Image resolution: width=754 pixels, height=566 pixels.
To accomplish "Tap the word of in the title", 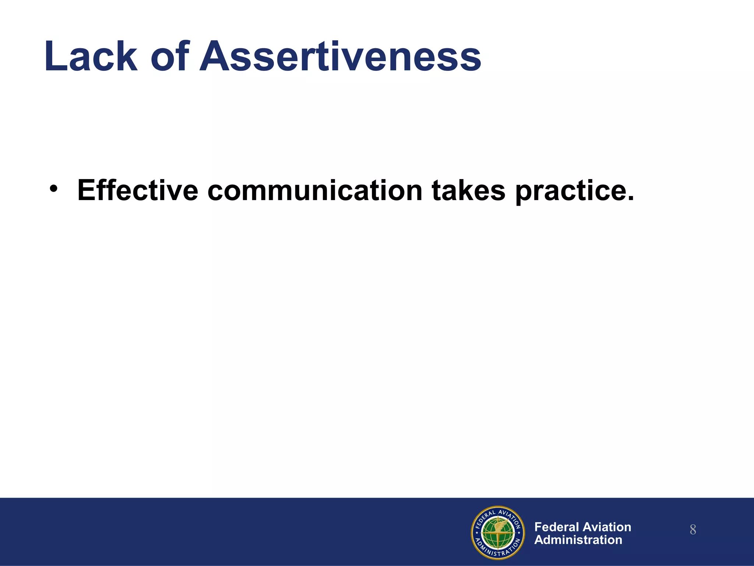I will point(170,56).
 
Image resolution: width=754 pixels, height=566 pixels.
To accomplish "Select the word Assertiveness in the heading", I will point(341,56).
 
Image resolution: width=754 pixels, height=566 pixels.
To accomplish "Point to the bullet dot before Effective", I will point(54,189).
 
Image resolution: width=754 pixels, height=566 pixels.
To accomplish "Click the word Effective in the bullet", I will point(138,190).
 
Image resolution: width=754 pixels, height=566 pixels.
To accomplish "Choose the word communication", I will point(315,190).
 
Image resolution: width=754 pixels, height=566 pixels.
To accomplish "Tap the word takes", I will point(468,190).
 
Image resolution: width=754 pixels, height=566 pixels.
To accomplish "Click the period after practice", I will point(630,198).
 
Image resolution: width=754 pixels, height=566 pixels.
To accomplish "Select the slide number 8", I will point(693,530).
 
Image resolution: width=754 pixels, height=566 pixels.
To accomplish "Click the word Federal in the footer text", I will point(557,527).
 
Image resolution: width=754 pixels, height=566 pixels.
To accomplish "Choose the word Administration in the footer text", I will point(578,540).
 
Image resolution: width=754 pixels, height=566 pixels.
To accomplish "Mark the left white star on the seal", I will point(477,533).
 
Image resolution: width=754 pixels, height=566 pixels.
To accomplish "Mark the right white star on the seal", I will point(519,533).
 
